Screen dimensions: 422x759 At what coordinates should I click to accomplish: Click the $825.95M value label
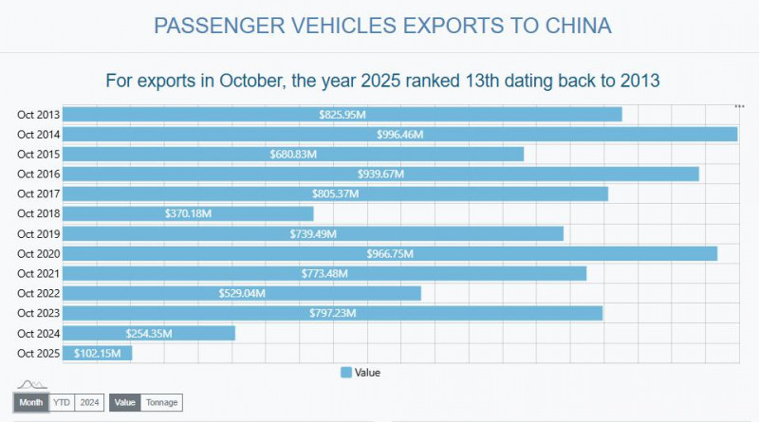342,115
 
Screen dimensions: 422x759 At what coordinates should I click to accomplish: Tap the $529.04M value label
242,293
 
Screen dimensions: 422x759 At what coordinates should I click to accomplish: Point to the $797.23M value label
333,313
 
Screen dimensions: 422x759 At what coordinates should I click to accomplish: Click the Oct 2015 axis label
38,155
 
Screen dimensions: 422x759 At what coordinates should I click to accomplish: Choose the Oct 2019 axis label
38,233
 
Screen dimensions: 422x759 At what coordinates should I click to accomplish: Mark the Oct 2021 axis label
38,273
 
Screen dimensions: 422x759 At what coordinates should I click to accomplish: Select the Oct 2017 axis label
38,193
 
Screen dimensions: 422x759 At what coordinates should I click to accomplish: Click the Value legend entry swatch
346,373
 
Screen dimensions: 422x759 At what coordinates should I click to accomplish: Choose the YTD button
62,403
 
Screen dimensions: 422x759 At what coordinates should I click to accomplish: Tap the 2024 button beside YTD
89,403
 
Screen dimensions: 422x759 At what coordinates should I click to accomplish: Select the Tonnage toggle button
161,403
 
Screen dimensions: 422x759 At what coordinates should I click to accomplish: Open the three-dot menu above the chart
739,105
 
